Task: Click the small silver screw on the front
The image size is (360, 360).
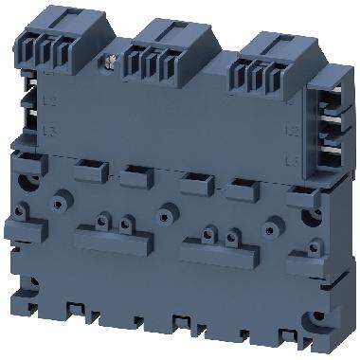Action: tap(109, 64)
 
